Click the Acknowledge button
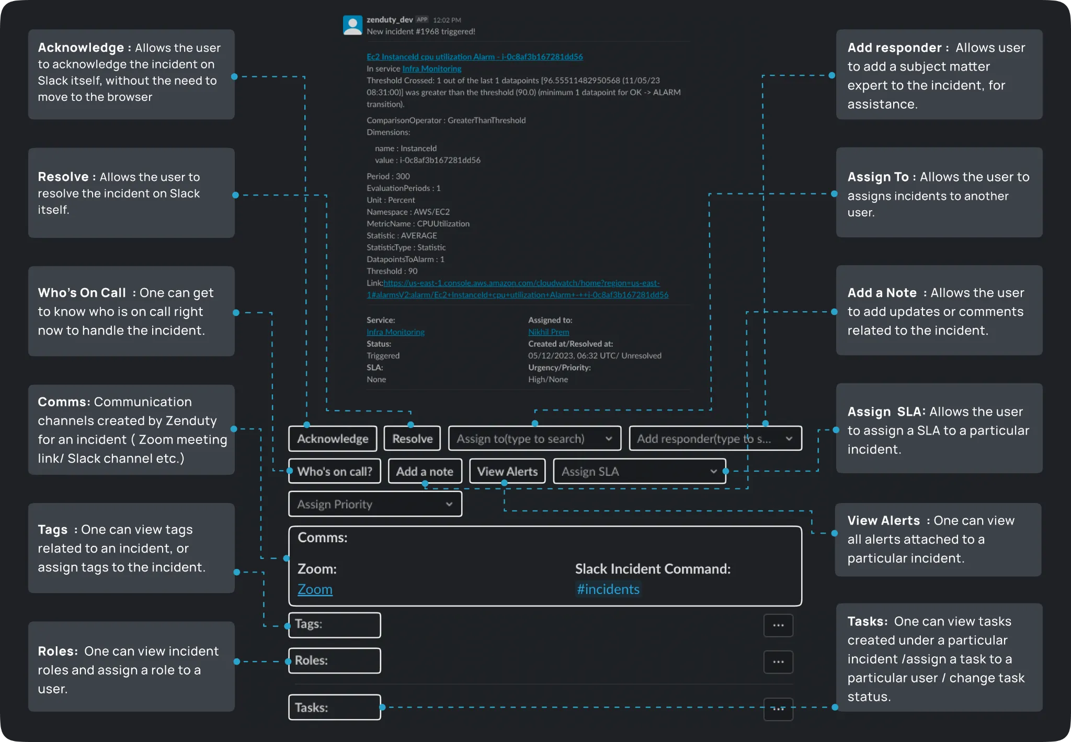point(333,439)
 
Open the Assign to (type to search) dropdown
point(534,439)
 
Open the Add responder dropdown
point(715,439)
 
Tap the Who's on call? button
point(335,471)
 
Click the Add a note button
point(425,471)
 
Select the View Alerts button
point(507,471)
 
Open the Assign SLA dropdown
point(639,471)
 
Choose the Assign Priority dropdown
point(375,504)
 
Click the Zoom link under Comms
point(315,589)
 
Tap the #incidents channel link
point(608,589)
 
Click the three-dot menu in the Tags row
point(778,625)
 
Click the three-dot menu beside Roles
point(778,661)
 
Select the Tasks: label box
point(334,707)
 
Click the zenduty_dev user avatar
point(352,25)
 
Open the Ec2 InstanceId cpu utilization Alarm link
point(474,56)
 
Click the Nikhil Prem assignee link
point(549,332)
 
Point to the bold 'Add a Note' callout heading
point(882,293)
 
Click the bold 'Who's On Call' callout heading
point(82,293)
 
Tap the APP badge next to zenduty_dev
point(422,20)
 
